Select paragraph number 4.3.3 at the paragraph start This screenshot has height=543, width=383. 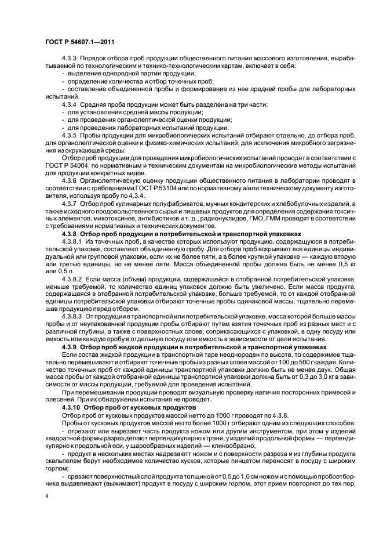(x=71, y=60)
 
